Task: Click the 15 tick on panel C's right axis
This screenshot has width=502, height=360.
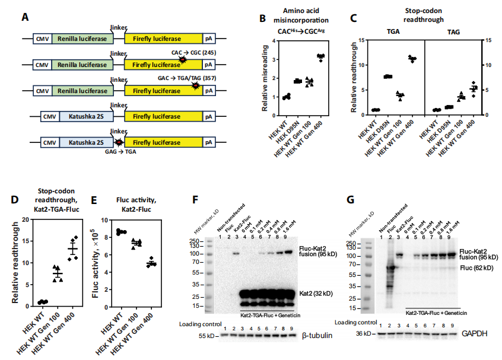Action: [487, 40]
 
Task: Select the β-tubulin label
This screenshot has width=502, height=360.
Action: [316, 335]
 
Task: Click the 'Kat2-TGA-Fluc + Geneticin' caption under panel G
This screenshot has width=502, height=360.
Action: [437, 312]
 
